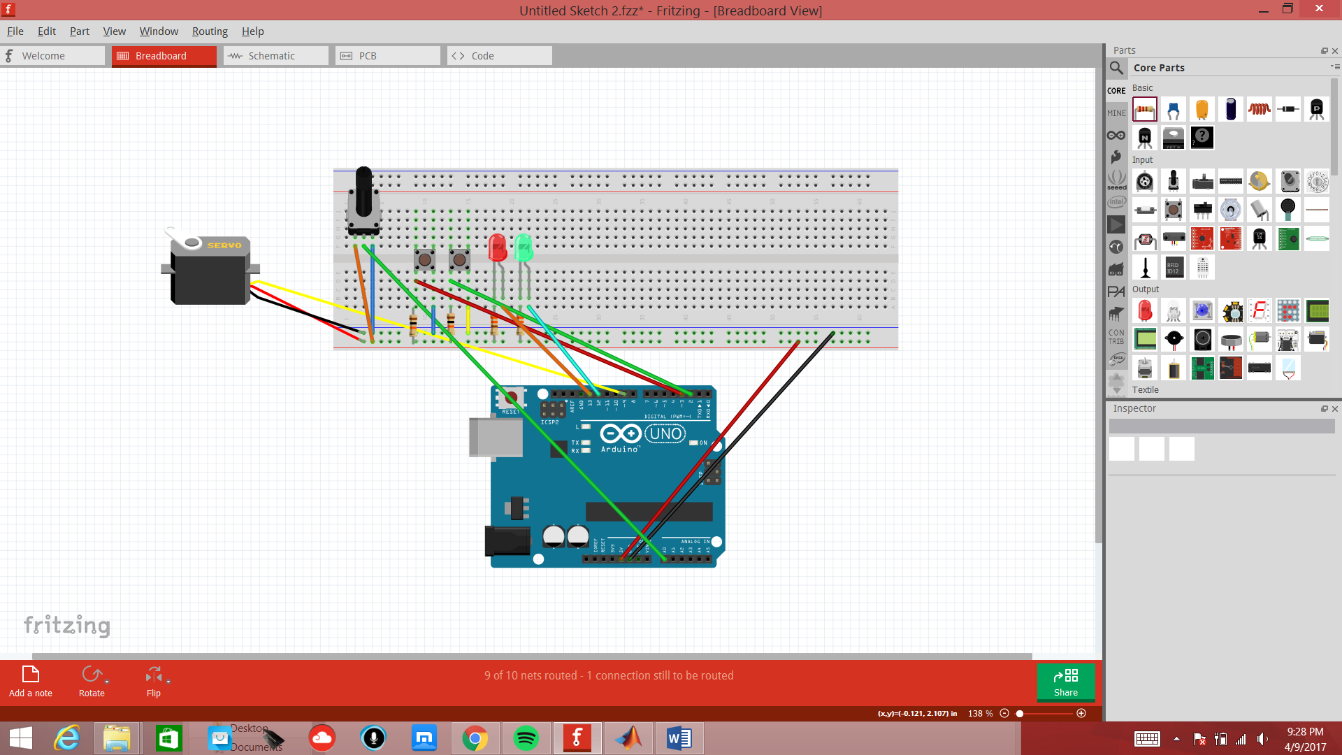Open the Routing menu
coord(210,31)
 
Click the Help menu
coord(252,31)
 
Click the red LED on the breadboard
coord(498,248)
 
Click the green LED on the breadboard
coord(524,248)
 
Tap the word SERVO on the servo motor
coord(224,245)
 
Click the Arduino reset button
coord(512,398)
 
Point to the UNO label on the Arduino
coord(665,433)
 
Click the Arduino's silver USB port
coord(496,438)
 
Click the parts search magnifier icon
coord(1116,68)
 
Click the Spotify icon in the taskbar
coord(526,738)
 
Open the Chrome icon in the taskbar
coord(475,738)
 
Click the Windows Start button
coord(21,738)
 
